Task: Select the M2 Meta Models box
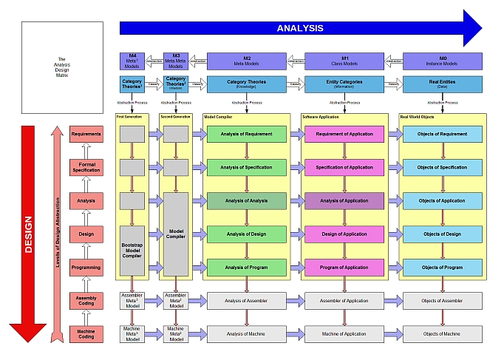247,61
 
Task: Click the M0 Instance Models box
442,61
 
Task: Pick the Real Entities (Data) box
442,84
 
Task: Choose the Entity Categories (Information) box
344,84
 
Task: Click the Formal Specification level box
86,167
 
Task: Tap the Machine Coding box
86,334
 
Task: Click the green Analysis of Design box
246,234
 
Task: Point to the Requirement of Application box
344,135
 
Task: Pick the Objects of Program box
442,267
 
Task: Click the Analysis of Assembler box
246,301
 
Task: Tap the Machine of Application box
344,334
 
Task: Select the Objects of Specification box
442,168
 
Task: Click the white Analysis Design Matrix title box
62,67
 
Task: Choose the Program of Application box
344,267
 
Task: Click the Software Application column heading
320,117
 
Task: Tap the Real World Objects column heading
418,117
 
